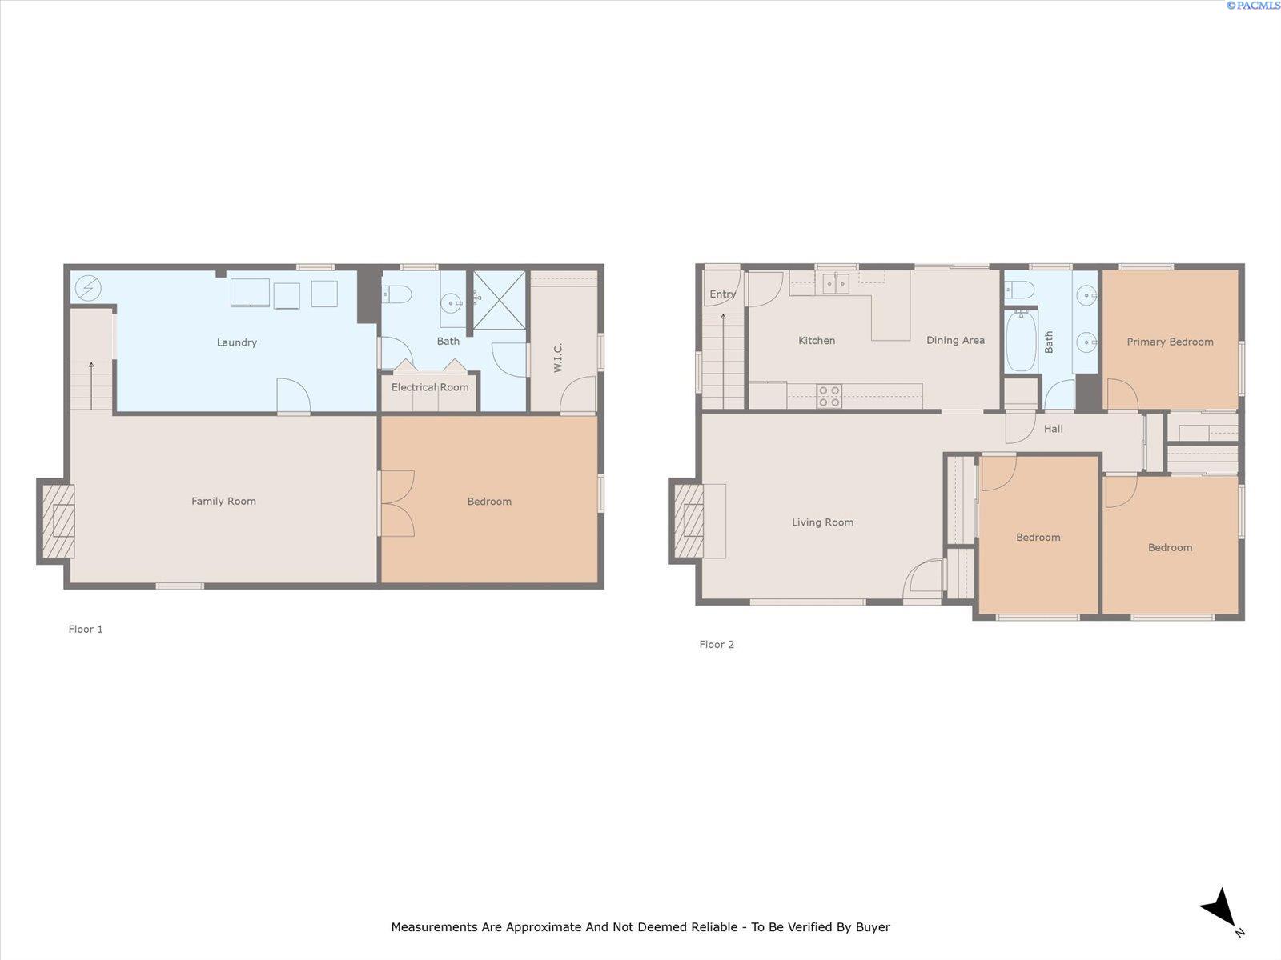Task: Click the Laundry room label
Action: point(237,342)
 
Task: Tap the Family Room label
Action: point(223,502)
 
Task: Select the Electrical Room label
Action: point(430,387)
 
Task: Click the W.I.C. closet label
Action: point(558,358)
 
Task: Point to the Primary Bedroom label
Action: point(1170,342)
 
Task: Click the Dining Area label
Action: point(955,340)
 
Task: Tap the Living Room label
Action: point(822,522)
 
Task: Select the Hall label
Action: point(1054,429)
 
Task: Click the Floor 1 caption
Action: point(86,629)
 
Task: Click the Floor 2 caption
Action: point(717,644)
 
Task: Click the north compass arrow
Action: point(1220,909)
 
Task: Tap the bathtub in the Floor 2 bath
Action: point(1021,342)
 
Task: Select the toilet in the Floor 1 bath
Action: point(396,295)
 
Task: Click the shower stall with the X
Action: point(500,300)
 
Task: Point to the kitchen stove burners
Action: point(829,396)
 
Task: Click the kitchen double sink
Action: point(836,283)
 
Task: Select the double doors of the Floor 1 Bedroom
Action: point(398,503)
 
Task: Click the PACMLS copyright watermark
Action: point(1252,6)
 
